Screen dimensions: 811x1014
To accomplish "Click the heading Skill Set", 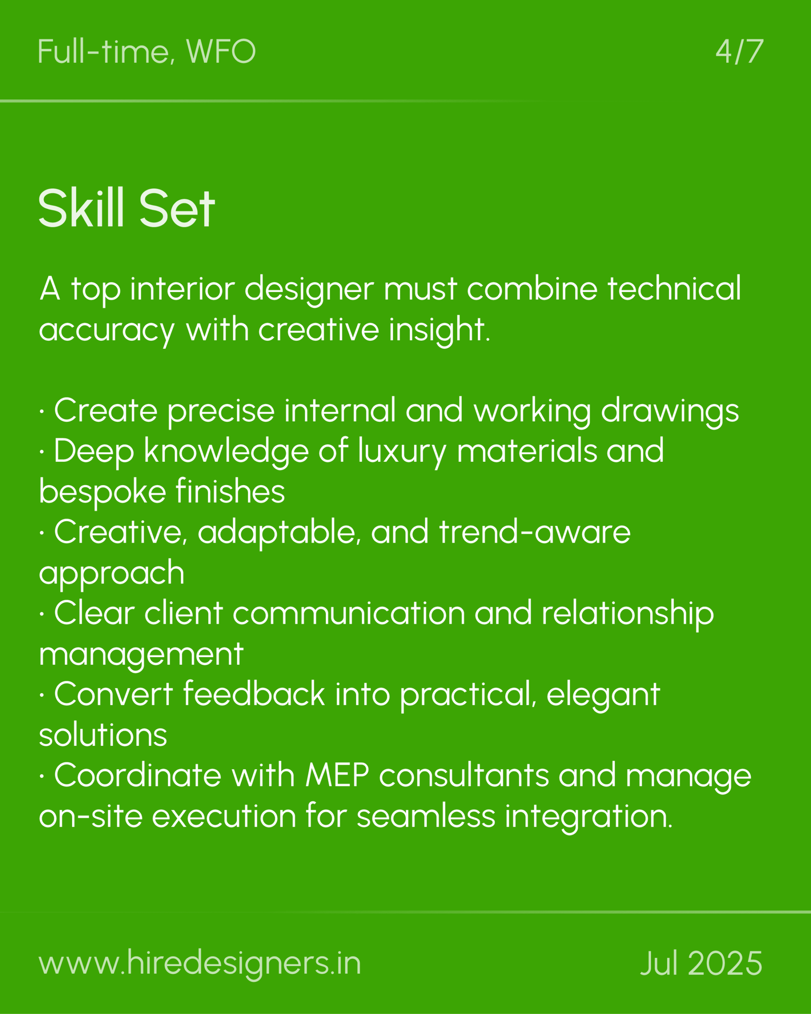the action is coord(127,208).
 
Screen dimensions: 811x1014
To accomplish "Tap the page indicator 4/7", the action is coord(739,52).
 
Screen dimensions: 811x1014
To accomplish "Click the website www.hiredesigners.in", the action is coord(200,963).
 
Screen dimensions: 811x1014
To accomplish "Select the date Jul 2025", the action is coord(701,963).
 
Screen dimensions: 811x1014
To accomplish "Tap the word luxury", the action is coord(401,452).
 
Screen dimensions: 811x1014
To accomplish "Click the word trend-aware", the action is coord(535,532).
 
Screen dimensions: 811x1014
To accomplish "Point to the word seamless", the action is coord(426,816).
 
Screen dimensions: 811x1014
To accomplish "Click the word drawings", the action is coord(670,411).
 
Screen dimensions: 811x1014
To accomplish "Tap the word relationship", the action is coord(628,614).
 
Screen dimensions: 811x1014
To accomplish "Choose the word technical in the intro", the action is coord(674,288).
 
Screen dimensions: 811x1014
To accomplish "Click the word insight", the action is coord(439,330).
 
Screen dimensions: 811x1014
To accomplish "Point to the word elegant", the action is coord(603,695).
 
